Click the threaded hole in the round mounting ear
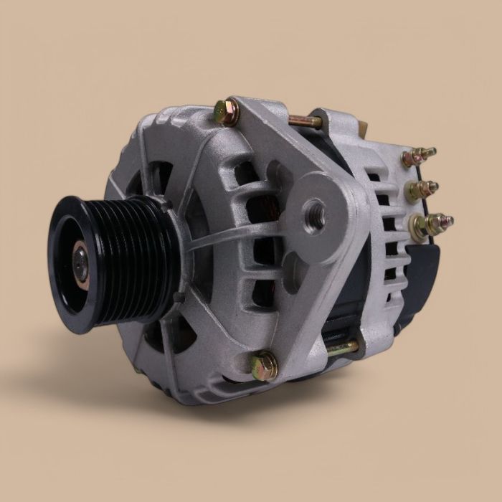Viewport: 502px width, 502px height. pyautogui.click(x=313, y=209)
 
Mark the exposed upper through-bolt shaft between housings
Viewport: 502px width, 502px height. pyautogui.click(x=306, y=121)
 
